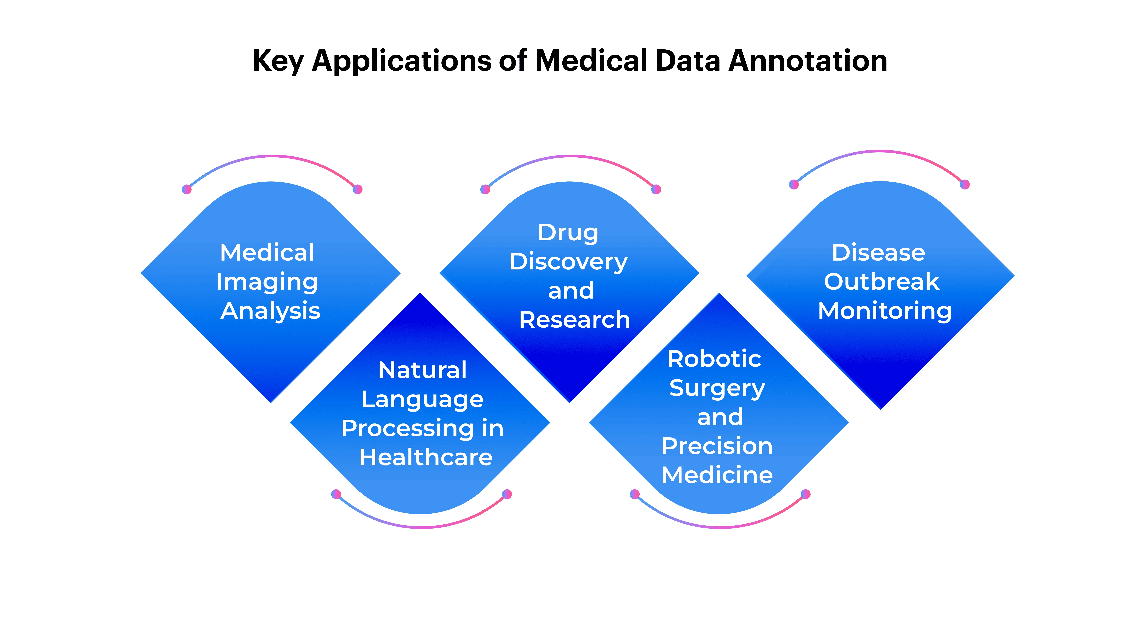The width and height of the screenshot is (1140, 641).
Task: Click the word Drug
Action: click(x=568, y=233)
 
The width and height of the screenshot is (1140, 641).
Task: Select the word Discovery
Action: click(x=568, y=262)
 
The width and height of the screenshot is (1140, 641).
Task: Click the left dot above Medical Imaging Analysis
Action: click(x=187, y=189)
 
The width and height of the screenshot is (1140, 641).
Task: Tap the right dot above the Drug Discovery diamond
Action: click(x=656, y=189)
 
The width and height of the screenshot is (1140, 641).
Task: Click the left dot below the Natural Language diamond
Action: click(x=336, y=494)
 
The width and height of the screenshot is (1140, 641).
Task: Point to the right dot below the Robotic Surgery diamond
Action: click(x=806, y=494)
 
